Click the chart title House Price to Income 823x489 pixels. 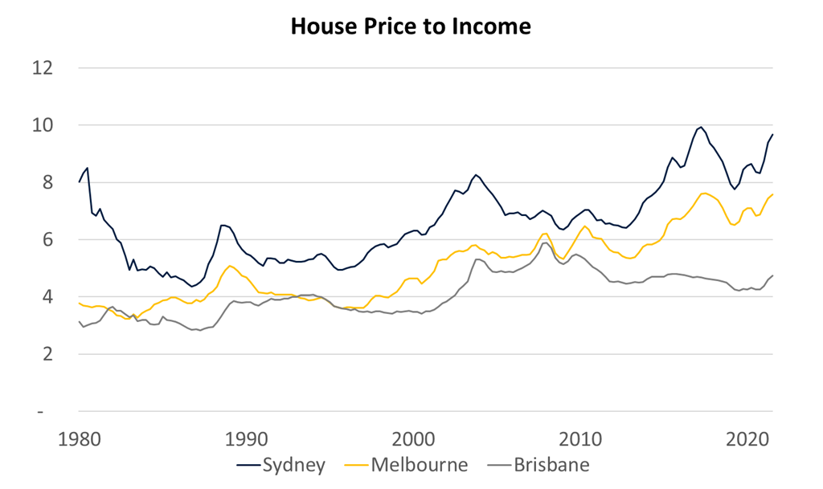[x=411, y=26]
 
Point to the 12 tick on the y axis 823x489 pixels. [x=43, y=68]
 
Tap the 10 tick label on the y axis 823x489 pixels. [x=43, y=125]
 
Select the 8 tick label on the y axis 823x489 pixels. [x=47, y=182]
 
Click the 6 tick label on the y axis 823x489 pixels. [x=47, y=240]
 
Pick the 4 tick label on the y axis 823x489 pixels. [x=47, y=297]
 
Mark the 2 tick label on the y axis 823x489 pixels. [x=47, y=354]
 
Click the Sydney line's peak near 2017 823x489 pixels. [x=702, y=127]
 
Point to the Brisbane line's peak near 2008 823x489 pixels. [x=546, y=242]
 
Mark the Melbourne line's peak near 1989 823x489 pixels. [x=231, y=266]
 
